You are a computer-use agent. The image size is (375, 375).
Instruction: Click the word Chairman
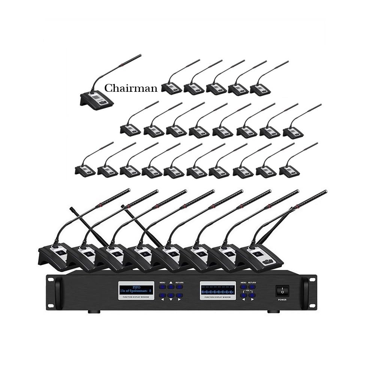[130, 88]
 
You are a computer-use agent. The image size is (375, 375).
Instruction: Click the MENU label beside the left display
[162, 282]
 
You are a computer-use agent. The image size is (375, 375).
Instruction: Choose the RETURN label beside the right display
[252, 282]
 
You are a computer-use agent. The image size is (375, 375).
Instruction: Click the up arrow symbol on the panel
[171, 282]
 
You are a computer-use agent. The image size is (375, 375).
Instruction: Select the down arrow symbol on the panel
[171, 300]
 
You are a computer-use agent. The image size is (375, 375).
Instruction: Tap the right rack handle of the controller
[305, 291]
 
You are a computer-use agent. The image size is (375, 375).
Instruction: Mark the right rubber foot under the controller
[271, 312]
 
